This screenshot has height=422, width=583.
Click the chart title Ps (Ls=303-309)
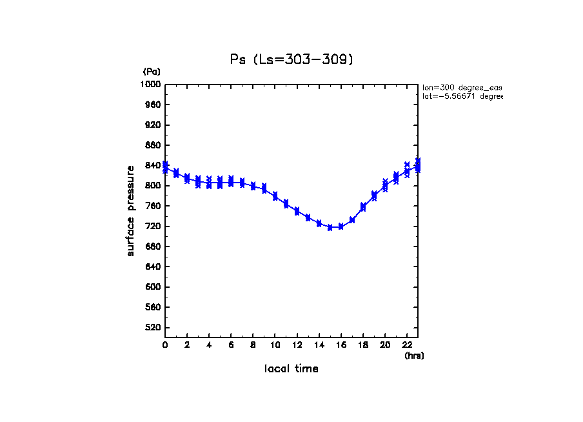(292, 59)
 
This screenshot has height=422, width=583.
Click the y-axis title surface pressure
(131, 210)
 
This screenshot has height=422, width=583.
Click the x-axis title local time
(291, 369)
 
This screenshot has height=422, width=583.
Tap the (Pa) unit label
(152, 72)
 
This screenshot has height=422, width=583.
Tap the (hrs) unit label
(414, 356)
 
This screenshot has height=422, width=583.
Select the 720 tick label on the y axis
(152, 226)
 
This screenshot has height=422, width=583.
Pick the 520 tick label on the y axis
(152, 328)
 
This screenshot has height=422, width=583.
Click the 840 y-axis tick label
(152, 166)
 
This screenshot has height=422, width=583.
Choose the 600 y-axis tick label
(152, 287)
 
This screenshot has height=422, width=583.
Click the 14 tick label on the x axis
(319, 345)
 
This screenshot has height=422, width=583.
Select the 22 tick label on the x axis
(407, 345)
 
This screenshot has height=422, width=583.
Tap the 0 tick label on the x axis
(165, 345)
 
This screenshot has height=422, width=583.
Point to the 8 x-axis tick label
(253, 345)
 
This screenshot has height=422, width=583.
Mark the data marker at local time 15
(330, 227)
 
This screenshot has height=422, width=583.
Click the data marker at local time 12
(297, 211)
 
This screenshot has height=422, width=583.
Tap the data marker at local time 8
(253, 186)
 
